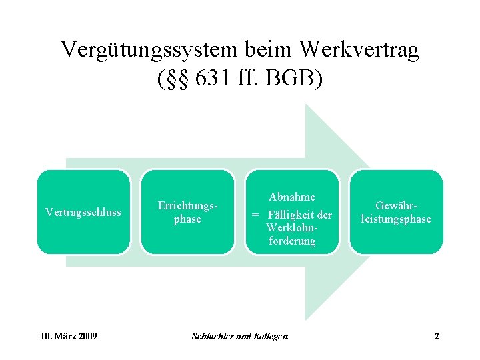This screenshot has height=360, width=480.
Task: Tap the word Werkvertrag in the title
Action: click(359, 50)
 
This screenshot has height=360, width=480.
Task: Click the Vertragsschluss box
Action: click(83, 212)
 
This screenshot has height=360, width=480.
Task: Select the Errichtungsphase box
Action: click(187, 212)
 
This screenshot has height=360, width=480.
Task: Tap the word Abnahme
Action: click(292, 197)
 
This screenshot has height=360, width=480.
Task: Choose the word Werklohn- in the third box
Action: click(291, 228)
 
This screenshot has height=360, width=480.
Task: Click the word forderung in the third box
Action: click(292, 241)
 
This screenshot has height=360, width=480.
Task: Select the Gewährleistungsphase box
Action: click(396, 212)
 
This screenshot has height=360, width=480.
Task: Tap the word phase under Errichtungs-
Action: click(187, 219)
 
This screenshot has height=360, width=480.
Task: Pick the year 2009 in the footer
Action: click(87, 336)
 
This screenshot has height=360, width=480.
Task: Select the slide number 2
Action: click(437, 336)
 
